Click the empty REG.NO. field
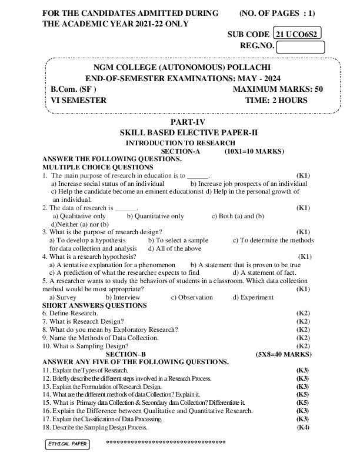pos(300,46)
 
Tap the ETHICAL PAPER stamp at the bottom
pos(68,443)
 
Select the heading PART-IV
pos(181,122)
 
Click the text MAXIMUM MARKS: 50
pos(278,89)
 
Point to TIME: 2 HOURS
pos(284,101)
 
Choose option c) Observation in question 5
pos(192,297)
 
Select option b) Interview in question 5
pos(122,297)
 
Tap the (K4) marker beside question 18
pos(303,427)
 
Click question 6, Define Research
pos(70,314)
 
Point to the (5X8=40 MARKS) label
pos(284,354)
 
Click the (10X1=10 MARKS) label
pos(254,151)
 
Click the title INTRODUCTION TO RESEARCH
pos(181,143)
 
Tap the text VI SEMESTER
pos(79,101)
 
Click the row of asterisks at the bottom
pos(165,441)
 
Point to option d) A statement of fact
pos(264,273)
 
